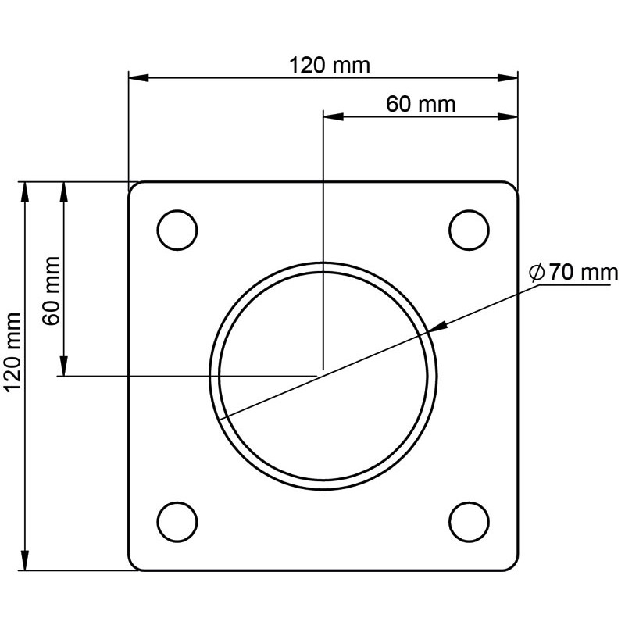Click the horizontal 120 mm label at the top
[x=329, y=65]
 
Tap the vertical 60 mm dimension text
[x=51, y=291]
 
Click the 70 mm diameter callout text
[x=582, y=273]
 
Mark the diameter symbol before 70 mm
[x=536, y=273]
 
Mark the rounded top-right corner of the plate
[x=513, y=187]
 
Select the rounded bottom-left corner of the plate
[x=133, y=566]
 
